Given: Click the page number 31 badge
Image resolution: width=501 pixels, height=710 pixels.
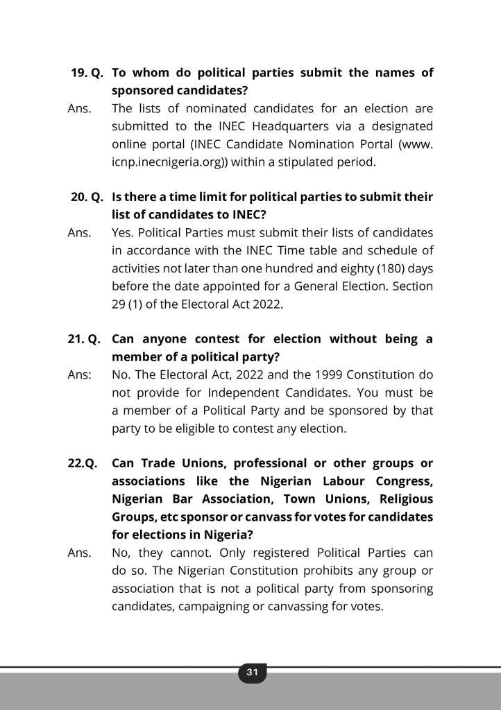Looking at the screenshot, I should click(251, 672).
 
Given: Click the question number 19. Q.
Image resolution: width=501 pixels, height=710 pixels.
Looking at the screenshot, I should click(87, 73).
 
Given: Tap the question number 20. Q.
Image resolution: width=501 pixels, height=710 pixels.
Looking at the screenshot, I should click(87, 197).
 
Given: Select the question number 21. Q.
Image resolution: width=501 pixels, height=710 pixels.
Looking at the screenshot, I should click(87, 339).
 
